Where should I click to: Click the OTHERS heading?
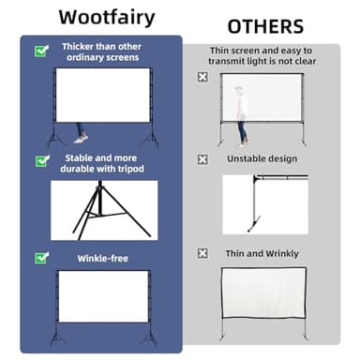(x=266, y=25)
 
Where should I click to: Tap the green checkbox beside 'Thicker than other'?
(x=41, y=52)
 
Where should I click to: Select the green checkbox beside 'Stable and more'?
(x=41, y=161)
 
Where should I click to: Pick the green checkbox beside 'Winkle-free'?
(x=41, y=257)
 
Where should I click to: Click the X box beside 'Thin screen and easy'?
(x=202, y=77)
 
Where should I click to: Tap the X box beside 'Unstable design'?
(x=202, y=159)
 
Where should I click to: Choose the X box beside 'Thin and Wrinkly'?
(x=202, y=253)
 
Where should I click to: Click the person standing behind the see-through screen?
(x=243, y=111)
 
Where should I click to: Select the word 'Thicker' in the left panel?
(x=78, y=46)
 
